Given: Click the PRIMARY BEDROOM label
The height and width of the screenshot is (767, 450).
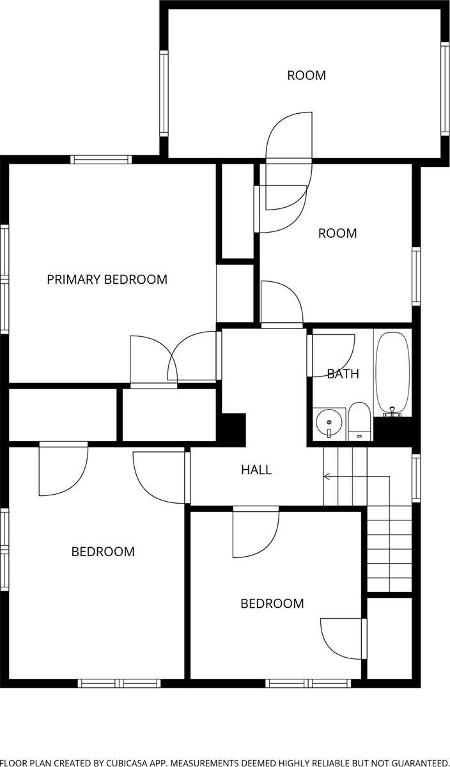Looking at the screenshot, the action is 107,279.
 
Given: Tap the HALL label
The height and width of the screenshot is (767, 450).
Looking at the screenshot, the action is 256,470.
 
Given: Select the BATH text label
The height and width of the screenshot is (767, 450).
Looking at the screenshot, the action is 343,374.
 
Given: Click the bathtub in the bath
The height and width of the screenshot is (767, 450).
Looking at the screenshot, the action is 392,374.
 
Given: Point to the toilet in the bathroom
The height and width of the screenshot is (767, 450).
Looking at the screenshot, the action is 359,422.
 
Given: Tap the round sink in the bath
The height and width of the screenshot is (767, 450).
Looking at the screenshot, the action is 329,422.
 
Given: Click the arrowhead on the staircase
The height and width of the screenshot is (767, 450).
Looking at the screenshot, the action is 327,476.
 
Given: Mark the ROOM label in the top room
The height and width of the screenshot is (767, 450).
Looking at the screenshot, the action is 307,75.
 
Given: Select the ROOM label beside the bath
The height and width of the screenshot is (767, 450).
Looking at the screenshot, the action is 337,233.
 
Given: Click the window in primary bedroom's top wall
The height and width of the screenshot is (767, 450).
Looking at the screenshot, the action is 101,160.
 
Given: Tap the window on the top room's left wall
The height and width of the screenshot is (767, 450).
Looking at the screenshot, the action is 164,93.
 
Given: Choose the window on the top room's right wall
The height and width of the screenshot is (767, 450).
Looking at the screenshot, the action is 445,89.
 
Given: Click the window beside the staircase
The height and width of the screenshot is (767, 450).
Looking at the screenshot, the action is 416,478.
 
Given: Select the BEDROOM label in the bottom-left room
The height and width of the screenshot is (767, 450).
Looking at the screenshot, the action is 103,552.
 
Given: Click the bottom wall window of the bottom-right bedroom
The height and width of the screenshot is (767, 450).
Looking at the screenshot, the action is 308,683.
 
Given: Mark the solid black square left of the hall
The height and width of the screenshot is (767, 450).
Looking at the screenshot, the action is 233,430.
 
